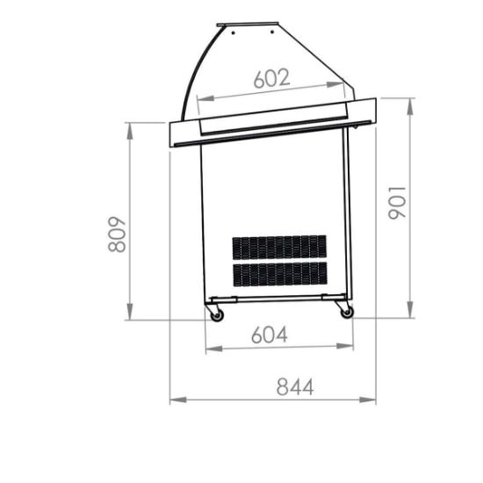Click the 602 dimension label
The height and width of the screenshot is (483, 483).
[x=271, y=78]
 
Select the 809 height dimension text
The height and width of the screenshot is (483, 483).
[x=117, y=234]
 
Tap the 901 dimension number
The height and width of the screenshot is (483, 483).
[x=397, y=203]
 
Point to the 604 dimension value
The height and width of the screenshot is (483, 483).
[x=270, y=335]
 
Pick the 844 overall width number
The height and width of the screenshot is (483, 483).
[x=295, y=386]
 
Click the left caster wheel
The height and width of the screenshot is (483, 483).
[x=217, y=315]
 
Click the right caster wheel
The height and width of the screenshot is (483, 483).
[x=347, y=313]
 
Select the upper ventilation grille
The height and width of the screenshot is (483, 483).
[x=279, y=247]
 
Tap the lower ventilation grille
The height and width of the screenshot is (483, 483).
[x=280, y=274]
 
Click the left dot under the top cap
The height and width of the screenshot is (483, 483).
[x=234, y=32]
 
